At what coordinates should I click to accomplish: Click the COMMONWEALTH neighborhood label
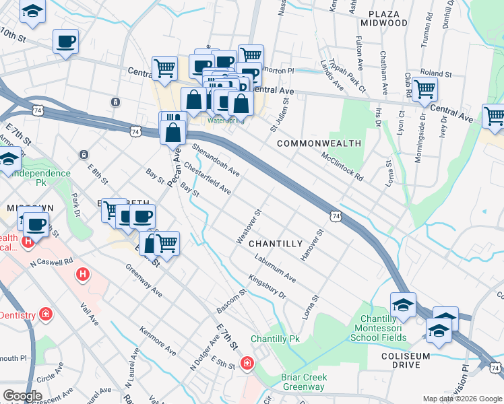pos(319,144)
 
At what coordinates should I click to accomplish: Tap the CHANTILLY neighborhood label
pos(276,243)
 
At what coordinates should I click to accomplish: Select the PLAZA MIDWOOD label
pos(388,18)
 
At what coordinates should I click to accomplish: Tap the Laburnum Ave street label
pos(275,267)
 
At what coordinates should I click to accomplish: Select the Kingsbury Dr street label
pos(267,286)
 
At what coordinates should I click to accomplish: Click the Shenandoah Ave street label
pos(216,158)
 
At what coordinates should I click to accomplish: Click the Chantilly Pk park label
pos(275,339)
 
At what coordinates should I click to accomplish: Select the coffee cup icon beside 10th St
pos(65,41)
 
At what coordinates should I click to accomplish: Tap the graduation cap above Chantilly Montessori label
pos(403,304)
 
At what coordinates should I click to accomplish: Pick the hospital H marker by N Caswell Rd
pos(82,274)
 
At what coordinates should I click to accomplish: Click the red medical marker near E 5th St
pos(247,364)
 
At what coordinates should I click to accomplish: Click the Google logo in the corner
pos(22,396)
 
